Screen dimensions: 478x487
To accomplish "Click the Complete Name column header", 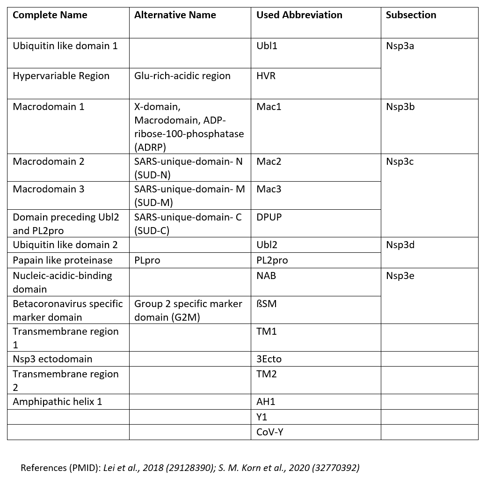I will pyautogui.click(x=50, y=15).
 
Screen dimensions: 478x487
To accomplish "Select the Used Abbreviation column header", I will pyautogui.click(x=299, y=15).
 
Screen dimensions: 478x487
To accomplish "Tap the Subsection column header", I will pyautogui.click(x=411, y=15).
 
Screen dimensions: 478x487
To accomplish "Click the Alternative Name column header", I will pyautogui.click(x=175, y=15).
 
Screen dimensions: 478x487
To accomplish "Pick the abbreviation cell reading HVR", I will pyautogui.click(x=266, y=76).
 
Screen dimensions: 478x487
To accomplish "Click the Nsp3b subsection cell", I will pyautogui.click(x=400, y=107).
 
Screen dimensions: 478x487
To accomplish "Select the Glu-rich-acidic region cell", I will pyautogui.click(x=182, y=76).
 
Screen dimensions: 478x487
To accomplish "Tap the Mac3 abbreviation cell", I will pyautogui.click(x=269, y=189).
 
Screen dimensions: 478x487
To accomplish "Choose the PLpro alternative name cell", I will pyautogui.click(x=147, y=260).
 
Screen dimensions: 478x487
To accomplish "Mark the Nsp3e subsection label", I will pyautogui.click(x=400, y=276).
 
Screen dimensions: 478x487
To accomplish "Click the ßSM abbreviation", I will pyautogui.click(x=266, y=304).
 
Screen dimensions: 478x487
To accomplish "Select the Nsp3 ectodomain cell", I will pyautogui.click(x=52, y=359).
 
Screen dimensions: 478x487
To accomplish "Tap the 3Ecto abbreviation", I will pyautogui.click(x=269, y=359).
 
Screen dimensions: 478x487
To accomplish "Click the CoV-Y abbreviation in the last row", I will pyautogui.click(x=270, y=432).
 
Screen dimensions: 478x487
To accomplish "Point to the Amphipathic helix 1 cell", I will pyautogui.click(x=57, y=402).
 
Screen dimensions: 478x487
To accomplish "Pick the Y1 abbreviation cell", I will pyautogui.click(x=262, y=417).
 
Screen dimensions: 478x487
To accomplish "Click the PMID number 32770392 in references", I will pyautogui.click(x=340, y=467).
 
